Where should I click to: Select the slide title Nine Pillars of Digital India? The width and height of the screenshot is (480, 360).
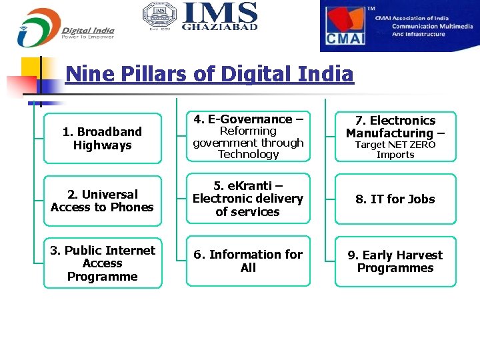pyautogui.click(x=209, y=73)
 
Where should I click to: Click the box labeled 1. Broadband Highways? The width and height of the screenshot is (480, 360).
pyautogui.click(x=103, y=139)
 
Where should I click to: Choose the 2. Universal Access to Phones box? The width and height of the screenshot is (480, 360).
pyautogui.click(x=103, y=201)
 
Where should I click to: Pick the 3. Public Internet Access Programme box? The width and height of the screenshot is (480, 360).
pyautogui.click(x=103, y=263)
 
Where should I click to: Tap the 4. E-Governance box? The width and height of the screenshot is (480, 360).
pyautogui.click(x=248, y=137)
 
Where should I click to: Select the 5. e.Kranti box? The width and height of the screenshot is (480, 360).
pyautogui.click(x=248, y=199)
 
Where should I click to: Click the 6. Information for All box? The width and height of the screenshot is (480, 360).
pyautogui.click(x=248, y=261)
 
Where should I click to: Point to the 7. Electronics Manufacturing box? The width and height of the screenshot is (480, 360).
pyautogui.click(x=395, y=137)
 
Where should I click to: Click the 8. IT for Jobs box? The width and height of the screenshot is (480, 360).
pyautogui.click(x=395, y=199)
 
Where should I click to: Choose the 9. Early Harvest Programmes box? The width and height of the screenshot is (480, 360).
pyautogui.click(x=395, y=262)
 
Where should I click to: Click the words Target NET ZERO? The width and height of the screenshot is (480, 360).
pyautogui.click(x=395, y=145)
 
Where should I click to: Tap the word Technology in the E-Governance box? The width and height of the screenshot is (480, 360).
pyautogui.click(x=248, y=155)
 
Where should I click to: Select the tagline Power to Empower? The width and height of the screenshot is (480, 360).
pyautogui.click(x=87, y=37)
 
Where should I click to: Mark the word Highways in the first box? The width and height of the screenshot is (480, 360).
pyautogui.click(x=103, y=145)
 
